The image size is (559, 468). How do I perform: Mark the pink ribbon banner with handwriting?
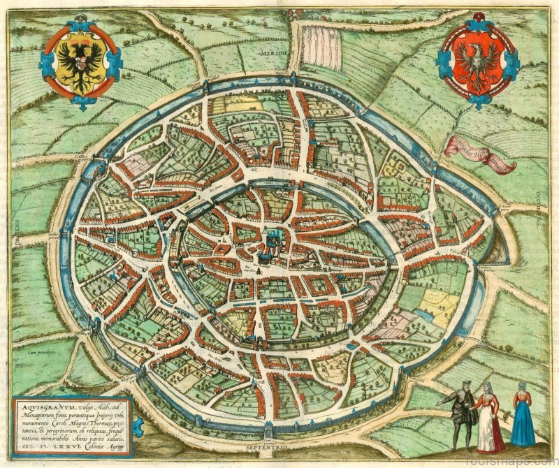481,152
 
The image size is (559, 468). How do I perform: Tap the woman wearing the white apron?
489,419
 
